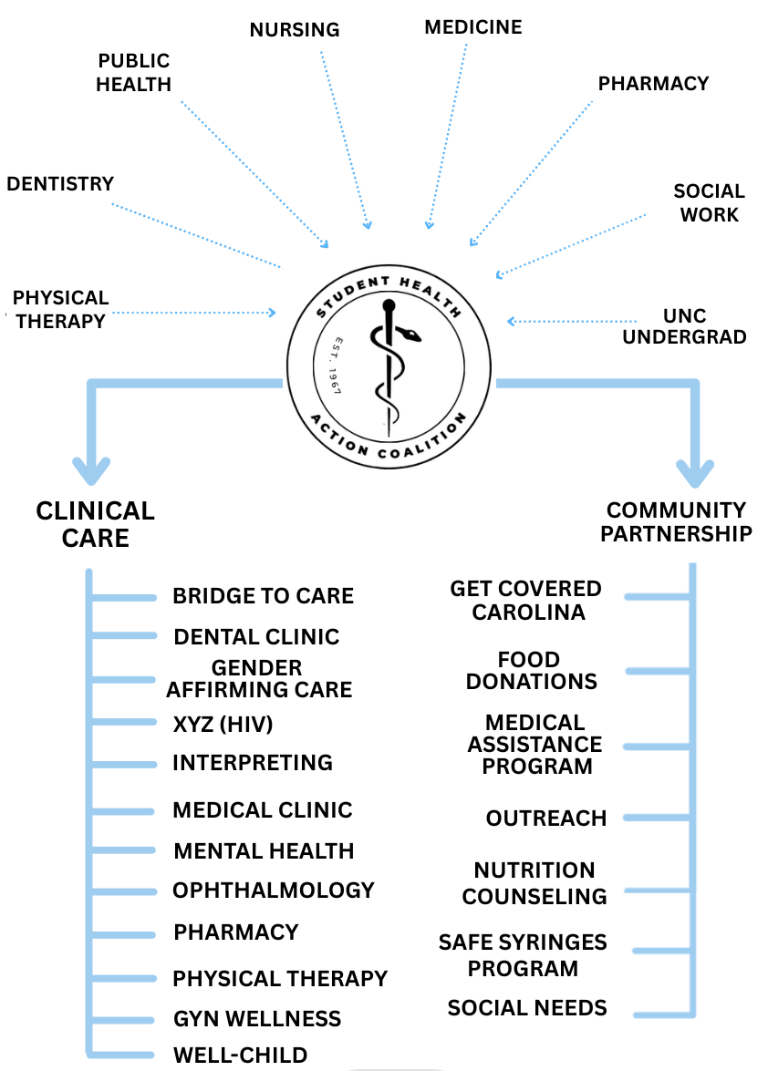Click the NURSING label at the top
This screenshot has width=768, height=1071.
pos(295,30)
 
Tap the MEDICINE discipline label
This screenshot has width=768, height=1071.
pos(473,27)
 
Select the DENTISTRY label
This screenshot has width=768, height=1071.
pos(60,184)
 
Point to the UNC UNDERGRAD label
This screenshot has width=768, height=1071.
pos(698,326)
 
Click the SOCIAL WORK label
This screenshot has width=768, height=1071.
pos(709,203)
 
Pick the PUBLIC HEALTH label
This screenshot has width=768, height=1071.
pos(133,73)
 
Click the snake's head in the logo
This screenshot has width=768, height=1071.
pos(413,335)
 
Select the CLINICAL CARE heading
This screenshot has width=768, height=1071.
pos(95,524)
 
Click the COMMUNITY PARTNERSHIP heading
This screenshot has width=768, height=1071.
pos(676,522)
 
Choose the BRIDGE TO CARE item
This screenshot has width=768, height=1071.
pos(263,596)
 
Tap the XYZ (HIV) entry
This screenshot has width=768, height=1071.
pos(223,725)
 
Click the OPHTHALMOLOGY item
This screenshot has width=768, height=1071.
pos(274,891)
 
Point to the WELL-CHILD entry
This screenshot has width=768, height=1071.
pos(240,1056)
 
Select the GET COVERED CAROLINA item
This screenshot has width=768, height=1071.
pos(526,601)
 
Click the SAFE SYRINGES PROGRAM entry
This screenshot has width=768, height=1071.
pos(523,955)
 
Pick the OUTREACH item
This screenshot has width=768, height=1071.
pos(546,819)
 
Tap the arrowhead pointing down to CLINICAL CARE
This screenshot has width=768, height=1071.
pos(91,471)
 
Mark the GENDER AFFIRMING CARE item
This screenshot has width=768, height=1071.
pos(258,679)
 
